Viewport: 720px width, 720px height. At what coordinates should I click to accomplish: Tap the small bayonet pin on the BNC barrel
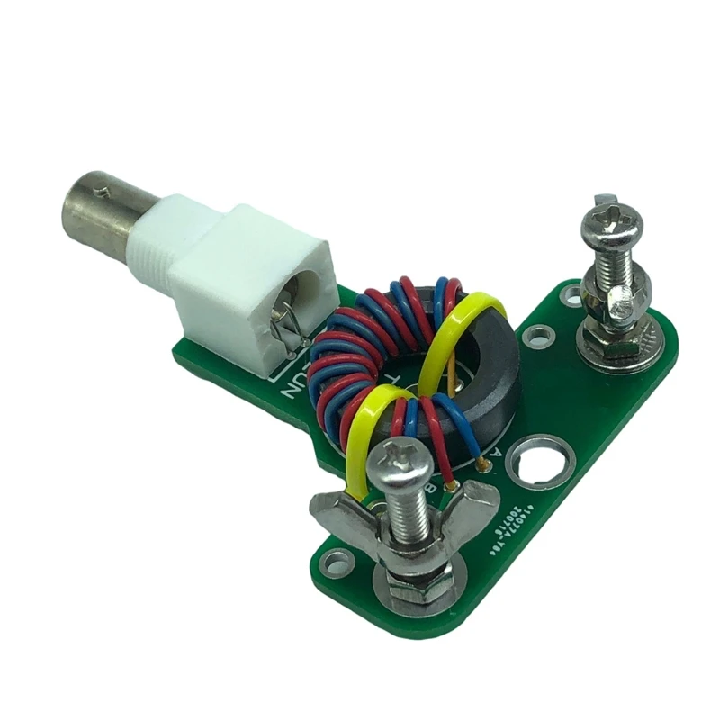[106, 190]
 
